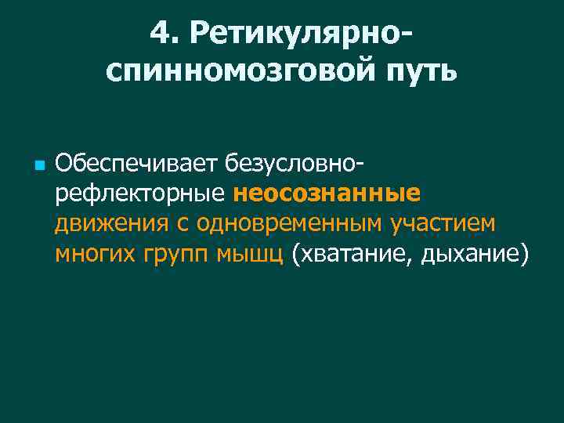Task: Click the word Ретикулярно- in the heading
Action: click(302, 34)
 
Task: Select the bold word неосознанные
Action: click(327, 193)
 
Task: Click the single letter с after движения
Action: click(182, 225)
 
